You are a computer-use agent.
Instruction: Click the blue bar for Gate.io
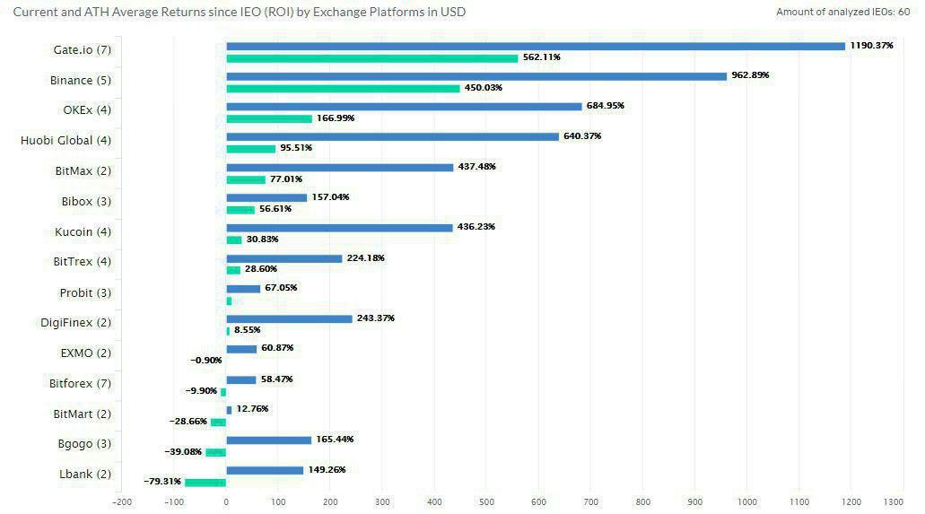pos(536,46)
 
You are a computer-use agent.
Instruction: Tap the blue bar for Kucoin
pos(339,228)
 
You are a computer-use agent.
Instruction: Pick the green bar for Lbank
pos(205,483)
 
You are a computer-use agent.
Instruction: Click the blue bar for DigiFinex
pos(289,318)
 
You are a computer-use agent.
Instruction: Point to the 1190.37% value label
pos(872,45)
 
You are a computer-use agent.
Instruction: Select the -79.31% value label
pos(161,482)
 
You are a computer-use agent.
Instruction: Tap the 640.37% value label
pos(582,136)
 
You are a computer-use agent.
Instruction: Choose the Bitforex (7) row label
pos(80,384)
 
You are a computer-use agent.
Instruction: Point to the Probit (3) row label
pos(85,292)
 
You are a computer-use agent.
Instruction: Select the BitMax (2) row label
pos(83,170)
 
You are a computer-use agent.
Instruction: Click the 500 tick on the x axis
pos(487,502)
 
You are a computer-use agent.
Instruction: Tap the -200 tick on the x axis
pos(122,502)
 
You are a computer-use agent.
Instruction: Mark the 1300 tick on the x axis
pos(893,502)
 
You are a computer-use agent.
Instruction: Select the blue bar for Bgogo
pos(268,440)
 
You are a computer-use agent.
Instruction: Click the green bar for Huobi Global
pos(250,149)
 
